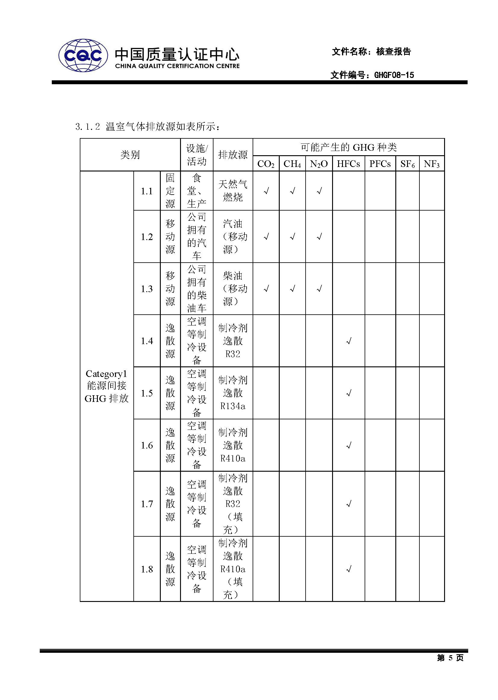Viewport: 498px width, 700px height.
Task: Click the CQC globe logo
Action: click(x=83, y=55)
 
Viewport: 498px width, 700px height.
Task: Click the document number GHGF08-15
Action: click(x=394, y=75)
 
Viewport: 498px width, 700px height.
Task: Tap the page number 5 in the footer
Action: click(x=450, y=658)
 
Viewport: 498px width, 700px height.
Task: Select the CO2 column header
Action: click(x=266, y=164)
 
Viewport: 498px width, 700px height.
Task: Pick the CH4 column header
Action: click(x=292, y=164)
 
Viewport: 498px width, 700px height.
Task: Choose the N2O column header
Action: click(x=319, y=164)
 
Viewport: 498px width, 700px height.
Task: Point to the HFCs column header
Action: click(x=348, y=164)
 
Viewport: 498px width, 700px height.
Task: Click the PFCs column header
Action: click(x=380, y=164)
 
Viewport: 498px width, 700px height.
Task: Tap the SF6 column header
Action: click(x=407, y=164)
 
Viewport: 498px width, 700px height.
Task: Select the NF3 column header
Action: click(x=431, y=164)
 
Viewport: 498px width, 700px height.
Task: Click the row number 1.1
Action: click(x=147, y=191)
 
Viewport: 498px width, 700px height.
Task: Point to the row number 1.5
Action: click(x=147, y=393)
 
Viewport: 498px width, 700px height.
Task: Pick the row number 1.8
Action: click(x=147, y=569)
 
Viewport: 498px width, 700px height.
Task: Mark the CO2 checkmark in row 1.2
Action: click(x=266, y=236)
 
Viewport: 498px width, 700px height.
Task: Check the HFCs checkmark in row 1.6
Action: click(x=349, y=446)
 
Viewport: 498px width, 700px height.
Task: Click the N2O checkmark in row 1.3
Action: click(x=319, y=288)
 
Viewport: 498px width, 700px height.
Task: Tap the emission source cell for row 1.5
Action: click(x=233, y=393)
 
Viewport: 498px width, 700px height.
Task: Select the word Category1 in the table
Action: click(x=106, y=374)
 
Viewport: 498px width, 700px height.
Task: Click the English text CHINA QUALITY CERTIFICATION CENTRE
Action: click(x=177, y=66)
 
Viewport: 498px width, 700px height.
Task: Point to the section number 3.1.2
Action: click(x=87, y=127)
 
